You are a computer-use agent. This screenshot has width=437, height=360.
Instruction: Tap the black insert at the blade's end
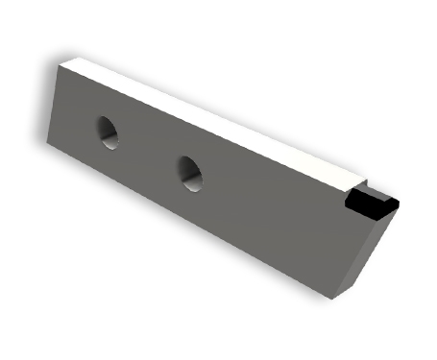tap(370, 203)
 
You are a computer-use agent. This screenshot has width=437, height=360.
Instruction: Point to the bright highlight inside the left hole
tap(112, 137)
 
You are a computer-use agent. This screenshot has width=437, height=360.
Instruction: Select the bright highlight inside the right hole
tap(195, 176)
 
